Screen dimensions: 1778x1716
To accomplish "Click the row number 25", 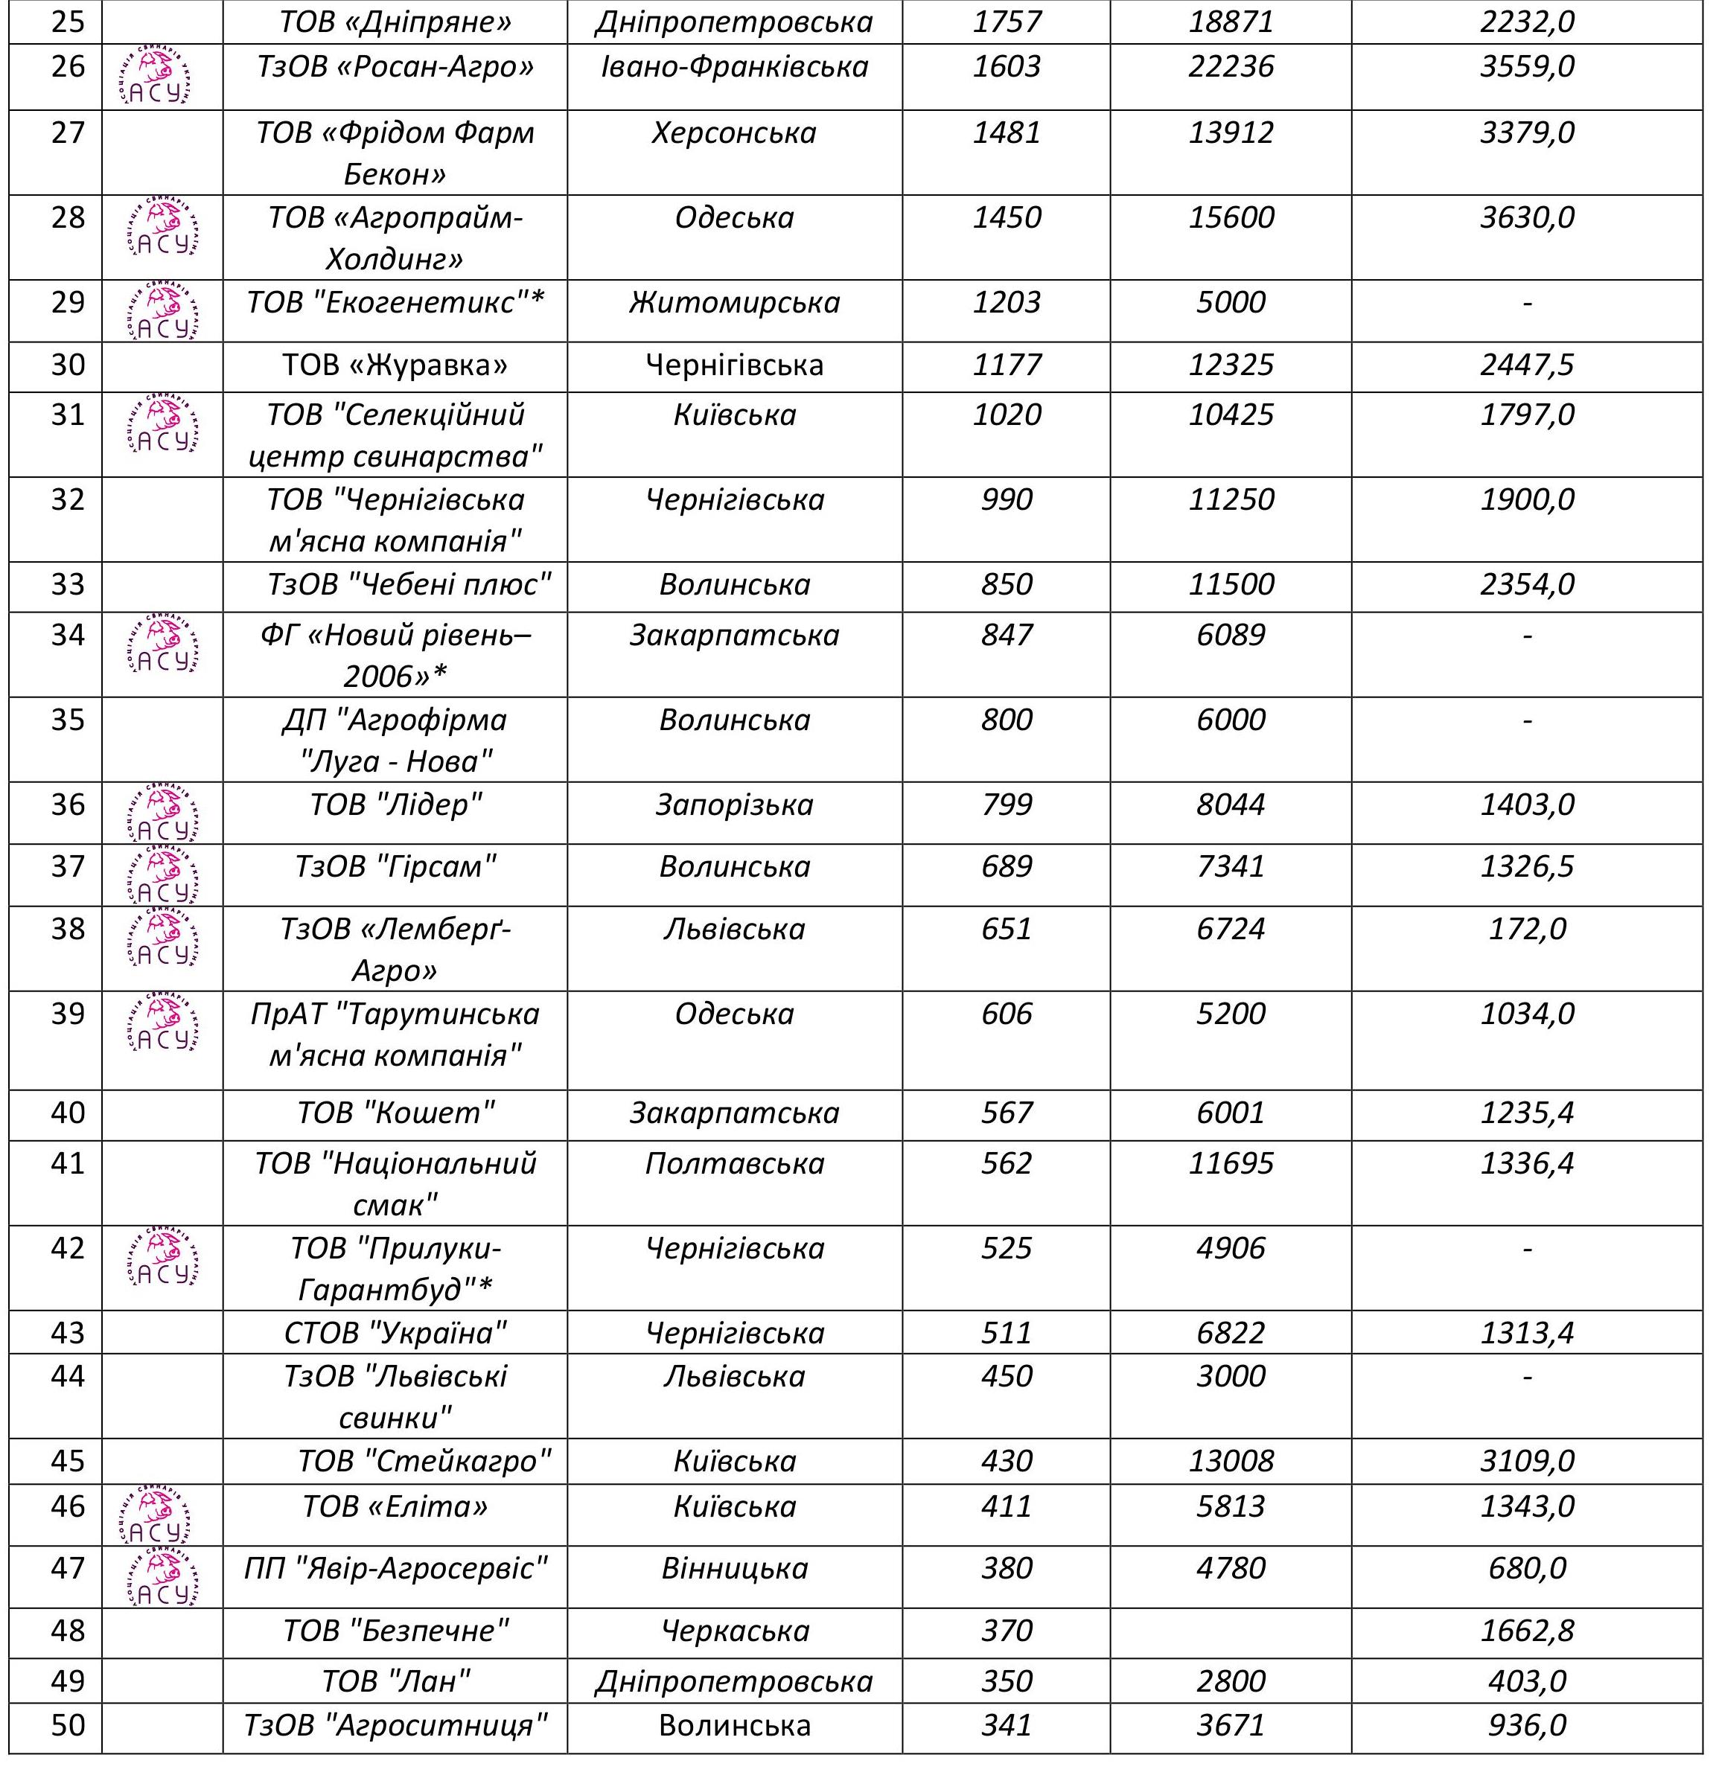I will pyautogui.click(x=68, y=22).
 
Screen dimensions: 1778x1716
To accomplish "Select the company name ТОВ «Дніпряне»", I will pyautogui.click(x=395, y=22).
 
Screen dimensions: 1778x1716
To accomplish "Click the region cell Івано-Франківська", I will pyautogui.click(x=734, y=66).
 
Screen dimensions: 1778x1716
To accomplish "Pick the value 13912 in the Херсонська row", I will pyautogui.click(x=1231, y=133).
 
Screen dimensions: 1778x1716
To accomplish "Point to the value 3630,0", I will pyautogui.click(x=1526, y=218).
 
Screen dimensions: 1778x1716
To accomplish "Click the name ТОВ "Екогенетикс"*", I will pyautogui.click(x=395, y=302).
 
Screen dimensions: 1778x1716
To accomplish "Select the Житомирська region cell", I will pyautogui.click(x=734, y=302).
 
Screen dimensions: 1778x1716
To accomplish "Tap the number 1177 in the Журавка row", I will pyautogui.click(x=1007, y=365).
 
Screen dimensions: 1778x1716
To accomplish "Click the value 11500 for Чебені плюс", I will pyautogui.click(x=1231, y=584).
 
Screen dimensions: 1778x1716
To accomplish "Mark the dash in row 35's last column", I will pyautogui.click(x=1526, y=720).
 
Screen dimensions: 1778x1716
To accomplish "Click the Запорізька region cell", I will pyautogui.click(x=734, y=805).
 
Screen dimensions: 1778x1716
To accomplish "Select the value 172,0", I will pyautogui.click(x=1526, y=929).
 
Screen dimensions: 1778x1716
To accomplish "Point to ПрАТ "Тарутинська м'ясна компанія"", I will pyautogui.click(x=395, y=1034).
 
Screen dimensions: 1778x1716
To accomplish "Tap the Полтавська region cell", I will pyautogui.click(x=734, y=1163).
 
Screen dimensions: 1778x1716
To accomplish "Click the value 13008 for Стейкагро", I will pyautogui.click(x=1231, y=1460).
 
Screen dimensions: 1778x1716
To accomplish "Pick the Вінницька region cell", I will pyautogui.click(x=734, y=1567).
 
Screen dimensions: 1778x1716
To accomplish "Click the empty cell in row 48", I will pyautogui.click(x=1231, y=1630).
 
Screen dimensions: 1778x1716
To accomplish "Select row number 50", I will pyautogui.click(x=68, y=1724).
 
